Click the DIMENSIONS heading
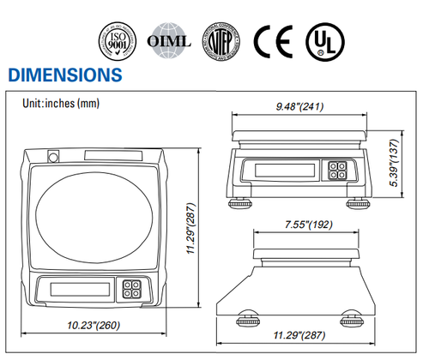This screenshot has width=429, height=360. [x=64, y=75]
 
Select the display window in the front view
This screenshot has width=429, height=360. [x=275, y=170]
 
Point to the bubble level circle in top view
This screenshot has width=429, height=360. [x=53, y=157]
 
